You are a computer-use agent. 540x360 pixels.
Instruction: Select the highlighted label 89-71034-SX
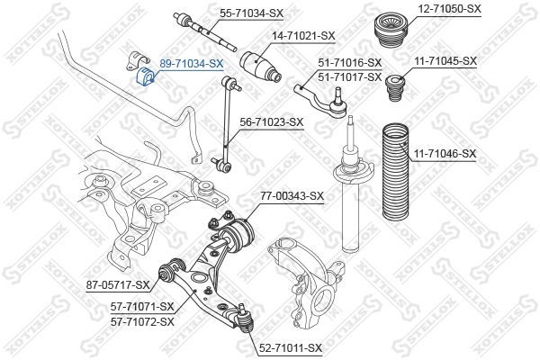[191, 64]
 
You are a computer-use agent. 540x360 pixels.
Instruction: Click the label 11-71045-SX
[445, 60]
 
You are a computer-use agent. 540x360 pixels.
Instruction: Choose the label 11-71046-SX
[445, 154]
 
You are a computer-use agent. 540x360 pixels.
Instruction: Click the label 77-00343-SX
[292, 195]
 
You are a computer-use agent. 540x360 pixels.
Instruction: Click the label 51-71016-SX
[350, 62]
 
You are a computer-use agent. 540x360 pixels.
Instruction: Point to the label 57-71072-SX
[142, 320]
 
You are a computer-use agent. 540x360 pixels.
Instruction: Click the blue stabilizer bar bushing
[145, 76]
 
